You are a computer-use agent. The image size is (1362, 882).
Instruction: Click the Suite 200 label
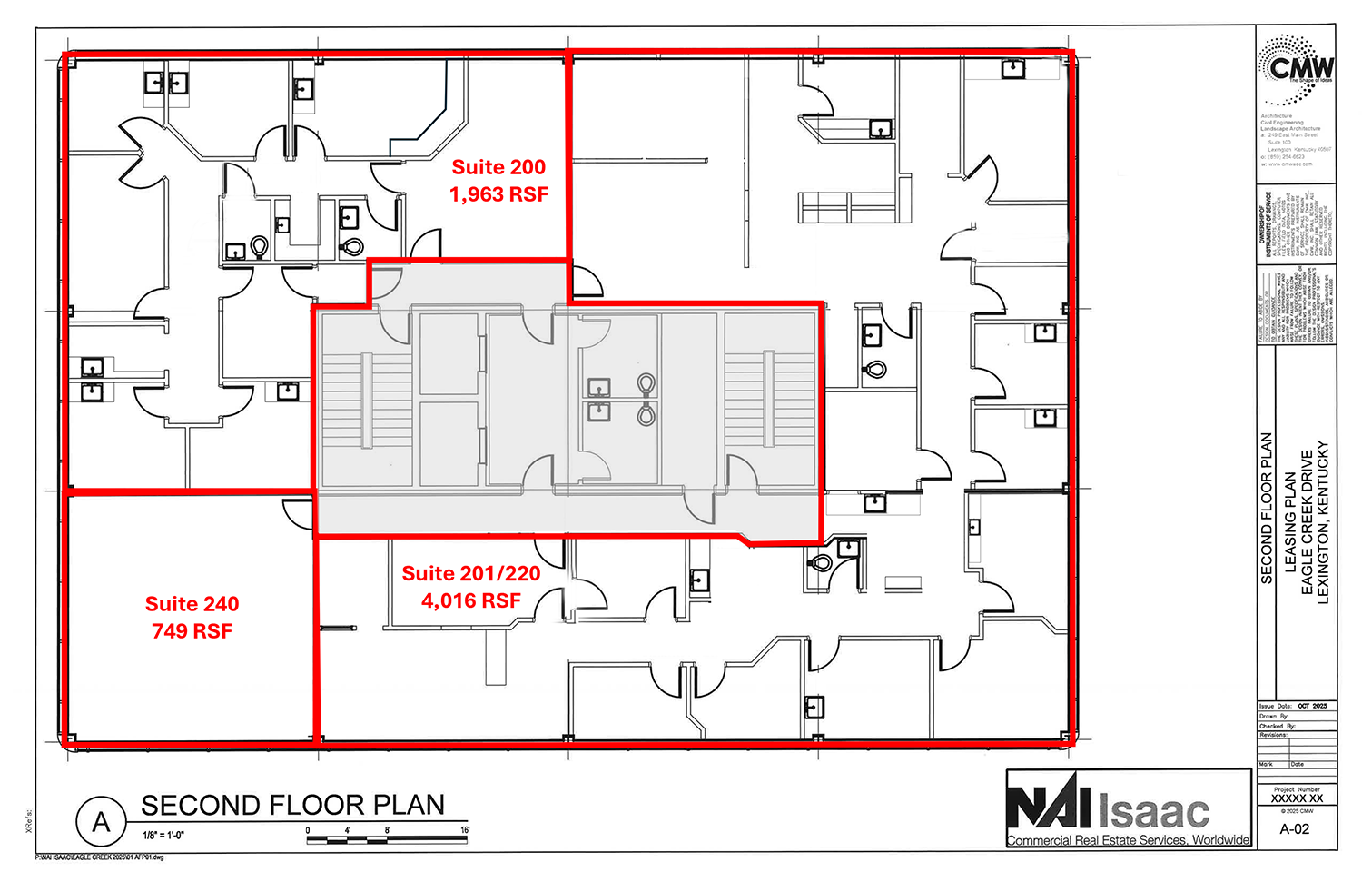[x=498, y=167]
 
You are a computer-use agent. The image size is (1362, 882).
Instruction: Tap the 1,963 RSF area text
[x=498, y=194]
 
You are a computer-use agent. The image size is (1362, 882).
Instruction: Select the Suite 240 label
[x=192, y=604]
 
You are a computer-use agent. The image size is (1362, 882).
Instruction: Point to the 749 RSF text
[x=192, y=631]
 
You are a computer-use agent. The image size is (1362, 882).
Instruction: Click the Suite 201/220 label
[x=470, y=574]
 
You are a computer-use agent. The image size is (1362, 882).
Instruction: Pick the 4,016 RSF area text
[x=470, y=601]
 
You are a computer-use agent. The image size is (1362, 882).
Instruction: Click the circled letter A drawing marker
[x=101, y=822]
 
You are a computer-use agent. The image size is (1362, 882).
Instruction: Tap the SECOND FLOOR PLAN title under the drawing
[x=292, y=806]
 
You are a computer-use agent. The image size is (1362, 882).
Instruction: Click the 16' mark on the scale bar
[x=465, y=830]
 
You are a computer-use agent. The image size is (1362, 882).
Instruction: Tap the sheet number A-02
[x=1295, y=829]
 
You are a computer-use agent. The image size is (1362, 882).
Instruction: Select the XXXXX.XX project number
[x=1296, y=799]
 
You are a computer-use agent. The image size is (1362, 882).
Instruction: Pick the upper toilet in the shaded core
[x=646, y=385]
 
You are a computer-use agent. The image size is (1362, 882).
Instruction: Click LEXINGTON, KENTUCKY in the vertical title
[x=1322, y=522]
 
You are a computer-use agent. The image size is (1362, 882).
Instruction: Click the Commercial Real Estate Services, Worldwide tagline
[x=1128, y=840]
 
